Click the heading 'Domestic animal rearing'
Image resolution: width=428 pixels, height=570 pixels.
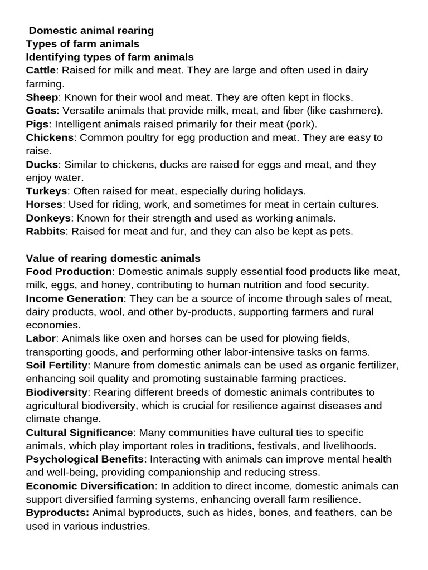tap(91, 31)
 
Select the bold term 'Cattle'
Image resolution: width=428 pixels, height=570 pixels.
tap(41, 71)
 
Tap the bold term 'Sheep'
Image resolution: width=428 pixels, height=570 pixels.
tap(42, 97)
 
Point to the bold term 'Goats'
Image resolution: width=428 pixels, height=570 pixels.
tap(41, 111)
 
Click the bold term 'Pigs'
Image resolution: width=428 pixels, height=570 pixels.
tap(37, 124)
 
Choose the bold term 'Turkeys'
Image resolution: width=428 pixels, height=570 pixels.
tap(46, 191)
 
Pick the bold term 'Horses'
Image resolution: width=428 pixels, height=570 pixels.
tap(44, 204)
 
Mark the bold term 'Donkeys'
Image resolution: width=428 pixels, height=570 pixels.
tap(48, 218)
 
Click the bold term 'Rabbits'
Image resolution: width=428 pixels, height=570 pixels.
tap(45, 231)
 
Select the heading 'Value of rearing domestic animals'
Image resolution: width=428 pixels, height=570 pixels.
tap(113, 258)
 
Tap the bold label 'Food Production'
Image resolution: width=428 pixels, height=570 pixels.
tap(69, 272)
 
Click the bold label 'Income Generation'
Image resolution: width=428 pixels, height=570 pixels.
tap(75, 298)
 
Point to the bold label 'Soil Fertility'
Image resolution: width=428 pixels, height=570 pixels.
tap(57, 365)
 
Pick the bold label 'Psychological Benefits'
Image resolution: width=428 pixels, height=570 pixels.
tap(85, 459)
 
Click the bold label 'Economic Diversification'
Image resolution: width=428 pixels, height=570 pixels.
tap(90, 486)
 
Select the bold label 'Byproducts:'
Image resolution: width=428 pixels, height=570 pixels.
tap(58, 513)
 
